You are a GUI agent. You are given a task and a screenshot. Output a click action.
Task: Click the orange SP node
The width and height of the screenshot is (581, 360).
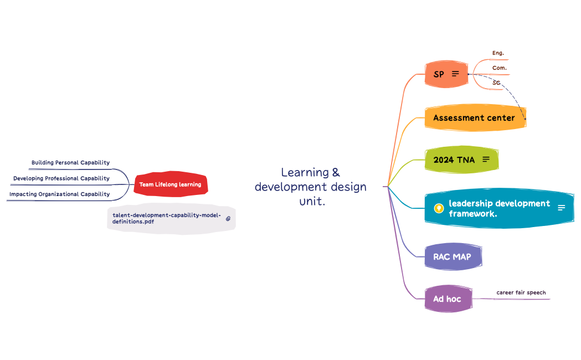[438, 74]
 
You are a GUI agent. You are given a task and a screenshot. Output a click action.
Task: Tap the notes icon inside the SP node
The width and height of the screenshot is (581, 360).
[455, 74]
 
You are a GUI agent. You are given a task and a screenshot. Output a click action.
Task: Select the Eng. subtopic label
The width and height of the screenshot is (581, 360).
[498, 53]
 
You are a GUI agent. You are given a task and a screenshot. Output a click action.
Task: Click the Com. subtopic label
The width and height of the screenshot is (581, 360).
[499, 68]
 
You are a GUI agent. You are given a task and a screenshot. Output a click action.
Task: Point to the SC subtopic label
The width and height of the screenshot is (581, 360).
[496, 83]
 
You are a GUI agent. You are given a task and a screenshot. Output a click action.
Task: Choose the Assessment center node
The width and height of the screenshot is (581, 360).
[474, 118]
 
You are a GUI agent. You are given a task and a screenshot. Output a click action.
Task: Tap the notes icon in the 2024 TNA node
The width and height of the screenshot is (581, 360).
[486, 160]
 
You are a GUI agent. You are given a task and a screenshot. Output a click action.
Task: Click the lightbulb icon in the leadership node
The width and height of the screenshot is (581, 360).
[439, 208]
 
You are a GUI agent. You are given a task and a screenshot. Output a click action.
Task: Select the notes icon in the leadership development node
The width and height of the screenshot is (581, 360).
[561, 208]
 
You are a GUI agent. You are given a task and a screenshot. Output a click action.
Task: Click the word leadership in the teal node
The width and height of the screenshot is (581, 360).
[470, 203]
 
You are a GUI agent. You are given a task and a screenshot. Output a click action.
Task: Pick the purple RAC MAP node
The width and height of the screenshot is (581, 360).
[453, 257]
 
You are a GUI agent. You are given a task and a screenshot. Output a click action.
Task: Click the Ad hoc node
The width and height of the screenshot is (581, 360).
[448, 299]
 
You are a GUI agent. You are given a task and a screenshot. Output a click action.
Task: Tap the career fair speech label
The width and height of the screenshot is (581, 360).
[521, 292]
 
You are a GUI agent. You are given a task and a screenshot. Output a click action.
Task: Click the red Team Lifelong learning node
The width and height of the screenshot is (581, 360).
[170, 184]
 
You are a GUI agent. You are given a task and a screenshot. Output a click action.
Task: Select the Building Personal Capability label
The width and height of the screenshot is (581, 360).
[70, 163]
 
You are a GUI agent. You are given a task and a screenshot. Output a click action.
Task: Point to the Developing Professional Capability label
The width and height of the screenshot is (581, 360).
[61, 178]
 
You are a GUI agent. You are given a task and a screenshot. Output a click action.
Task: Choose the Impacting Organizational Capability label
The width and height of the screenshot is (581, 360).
[59, 194]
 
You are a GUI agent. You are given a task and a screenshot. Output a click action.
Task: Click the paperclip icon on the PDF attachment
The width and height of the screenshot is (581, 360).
[228, 219]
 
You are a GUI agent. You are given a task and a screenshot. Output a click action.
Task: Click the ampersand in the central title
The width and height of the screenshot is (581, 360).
[336, 172]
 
